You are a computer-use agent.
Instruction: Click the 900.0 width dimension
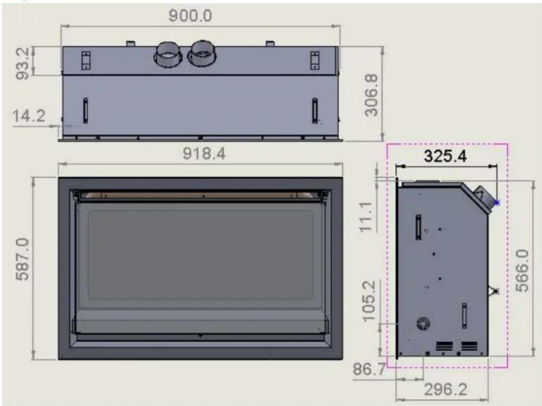tap(190, 16)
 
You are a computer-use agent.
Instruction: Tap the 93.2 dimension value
tap(23, 63)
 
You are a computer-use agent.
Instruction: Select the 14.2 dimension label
tap(29, 116)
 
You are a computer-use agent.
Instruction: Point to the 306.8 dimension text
tap(372, 95)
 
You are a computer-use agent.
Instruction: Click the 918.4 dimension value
tap(204, 153)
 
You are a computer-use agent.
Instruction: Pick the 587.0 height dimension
tap(23, 259)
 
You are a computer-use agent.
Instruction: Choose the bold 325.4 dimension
tap(445, 156)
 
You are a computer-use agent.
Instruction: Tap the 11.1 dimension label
tap(366, 217)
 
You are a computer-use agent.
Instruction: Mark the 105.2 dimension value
tap(369, 301)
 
